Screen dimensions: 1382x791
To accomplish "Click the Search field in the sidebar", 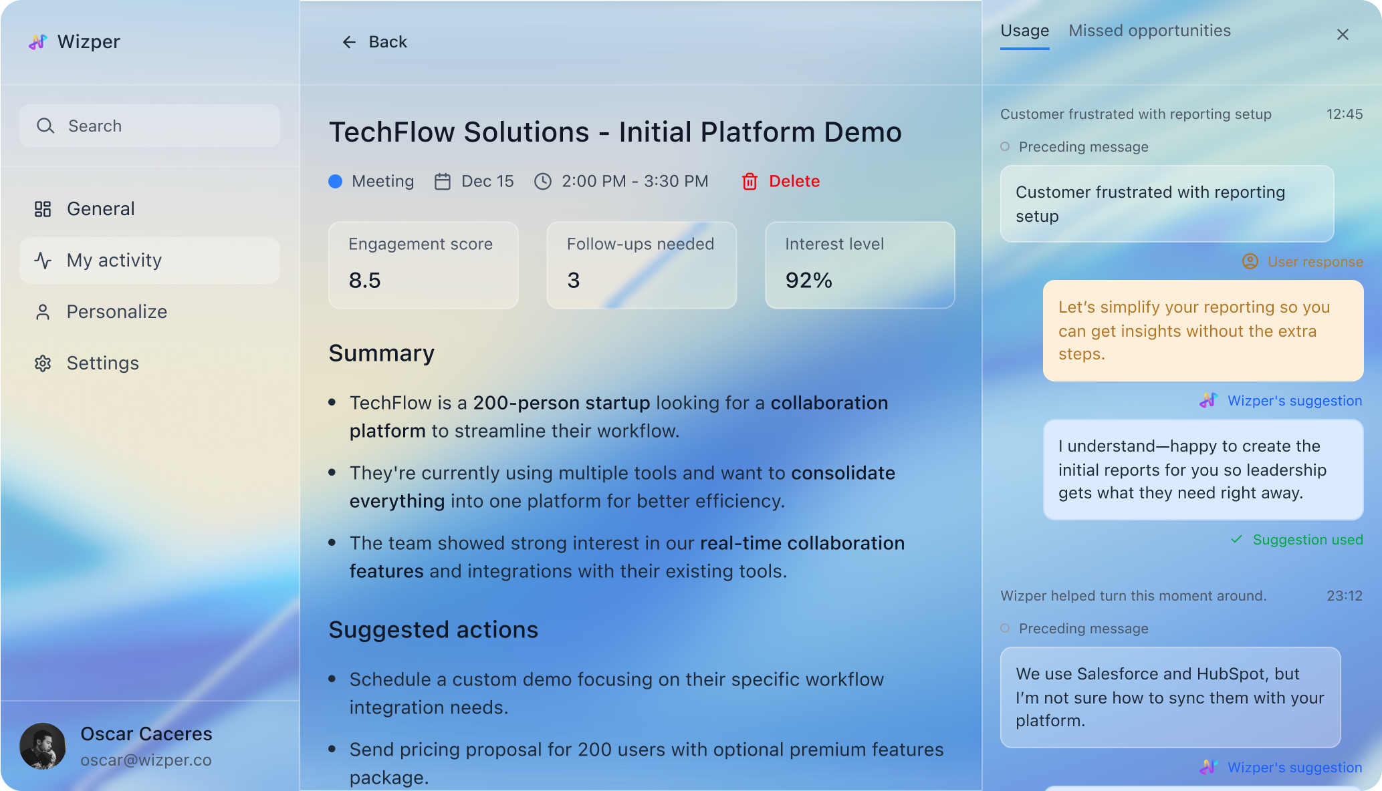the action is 150,126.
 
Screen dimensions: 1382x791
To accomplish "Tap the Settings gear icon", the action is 43,363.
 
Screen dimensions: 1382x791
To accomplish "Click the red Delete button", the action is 780,181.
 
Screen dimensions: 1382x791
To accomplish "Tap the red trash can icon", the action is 750,181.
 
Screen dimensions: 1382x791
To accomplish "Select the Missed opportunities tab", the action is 1149,31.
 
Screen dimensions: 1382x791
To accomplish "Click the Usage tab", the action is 1024,31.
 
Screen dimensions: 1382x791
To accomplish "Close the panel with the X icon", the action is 1343,34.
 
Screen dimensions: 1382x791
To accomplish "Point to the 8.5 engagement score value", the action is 365,280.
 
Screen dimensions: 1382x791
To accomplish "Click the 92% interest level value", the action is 809,280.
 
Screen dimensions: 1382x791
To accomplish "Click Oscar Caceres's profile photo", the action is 43,746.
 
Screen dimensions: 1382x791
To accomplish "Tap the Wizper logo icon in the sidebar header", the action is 38,42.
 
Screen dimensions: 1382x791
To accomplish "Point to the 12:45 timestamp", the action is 1345,114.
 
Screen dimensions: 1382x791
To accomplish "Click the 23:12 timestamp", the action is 1345,596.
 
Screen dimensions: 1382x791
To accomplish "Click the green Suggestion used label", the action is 1307,540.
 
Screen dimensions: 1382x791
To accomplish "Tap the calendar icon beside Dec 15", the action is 443,181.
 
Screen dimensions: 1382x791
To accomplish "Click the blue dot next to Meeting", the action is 336,181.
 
